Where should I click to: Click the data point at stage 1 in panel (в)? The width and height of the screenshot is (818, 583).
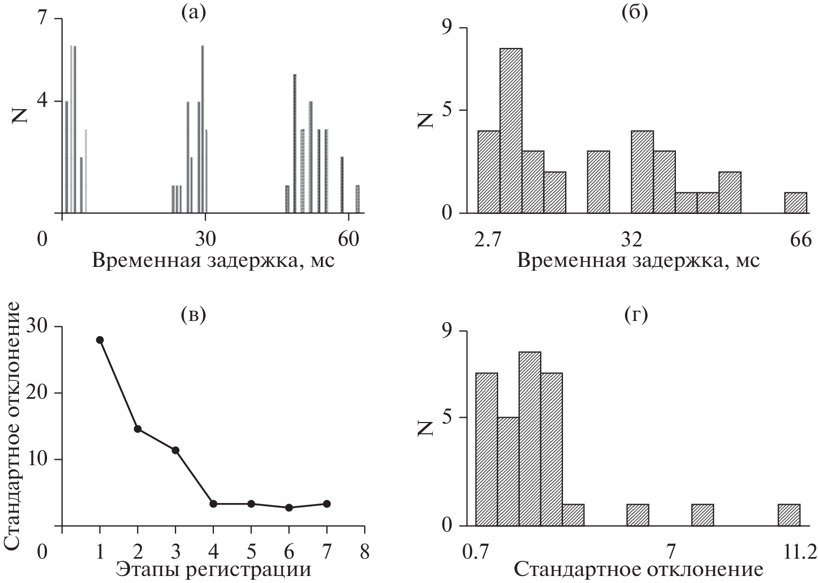point(99,340)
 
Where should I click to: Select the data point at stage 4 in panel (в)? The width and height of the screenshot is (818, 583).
point(213,504)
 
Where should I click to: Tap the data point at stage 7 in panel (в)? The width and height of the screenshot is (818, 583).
point(326,504)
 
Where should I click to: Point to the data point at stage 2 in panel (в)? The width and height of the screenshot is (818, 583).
point(137,429)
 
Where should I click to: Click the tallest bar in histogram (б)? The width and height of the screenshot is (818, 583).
point(511,131)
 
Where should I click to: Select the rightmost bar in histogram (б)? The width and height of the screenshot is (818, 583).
point(795,203)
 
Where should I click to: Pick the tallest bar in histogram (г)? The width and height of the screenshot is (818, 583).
point(529,439)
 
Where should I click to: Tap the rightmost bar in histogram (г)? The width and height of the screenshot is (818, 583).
point(789,515)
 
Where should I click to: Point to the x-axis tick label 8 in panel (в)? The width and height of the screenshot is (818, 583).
point(365,552)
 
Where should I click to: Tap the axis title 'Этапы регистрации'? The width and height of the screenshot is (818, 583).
point(213,570)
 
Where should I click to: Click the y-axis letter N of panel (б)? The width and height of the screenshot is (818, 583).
point(427,118)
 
